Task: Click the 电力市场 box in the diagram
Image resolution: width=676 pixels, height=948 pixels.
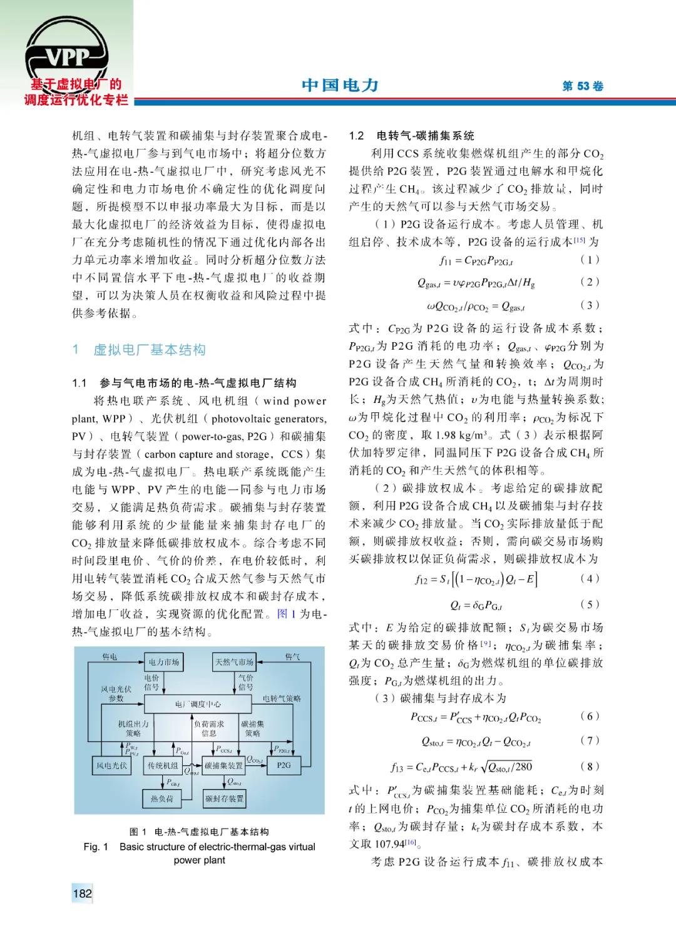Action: tap(164, 661)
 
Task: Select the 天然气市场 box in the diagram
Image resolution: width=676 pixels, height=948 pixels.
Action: tap(234, 661)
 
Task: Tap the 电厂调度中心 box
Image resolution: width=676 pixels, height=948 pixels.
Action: tap(198, 704)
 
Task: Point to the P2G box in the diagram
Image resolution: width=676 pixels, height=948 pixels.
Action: tap(284, 765)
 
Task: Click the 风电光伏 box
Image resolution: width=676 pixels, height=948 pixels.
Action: tap(111, 765)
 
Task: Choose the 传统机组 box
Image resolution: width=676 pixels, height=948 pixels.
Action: tap(163, 765)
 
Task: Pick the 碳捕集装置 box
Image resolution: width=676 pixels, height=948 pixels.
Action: tap(223, 765)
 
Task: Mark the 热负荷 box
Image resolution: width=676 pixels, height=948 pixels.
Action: tap(161, 798)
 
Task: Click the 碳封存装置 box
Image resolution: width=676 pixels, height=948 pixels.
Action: tap(224, 798)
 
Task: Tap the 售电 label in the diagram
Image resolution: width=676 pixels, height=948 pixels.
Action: tap(110, 656)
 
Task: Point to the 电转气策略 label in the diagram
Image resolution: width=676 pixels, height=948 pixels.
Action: tap(282, 698)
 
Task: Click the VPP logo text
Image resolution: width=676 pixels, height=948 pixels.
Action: tap(68, 58)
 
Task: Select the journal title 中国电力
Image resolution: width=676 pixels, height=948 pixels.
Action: tap(340, 85)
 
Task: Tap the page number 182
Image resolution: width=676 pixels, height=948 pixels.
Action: tap(82, 893)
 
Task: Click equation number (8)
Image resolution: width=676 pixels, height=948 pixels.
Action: tap(590, 766)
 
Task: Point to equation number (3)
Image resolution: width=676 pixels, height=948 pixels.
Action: tap(590, 305)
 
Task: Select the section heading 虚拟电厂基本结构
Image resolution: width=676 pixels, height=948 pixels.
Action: tap(149, 350)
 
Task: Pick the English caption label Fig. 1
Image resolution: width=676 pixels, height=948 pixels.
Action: tap(96, 847)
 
